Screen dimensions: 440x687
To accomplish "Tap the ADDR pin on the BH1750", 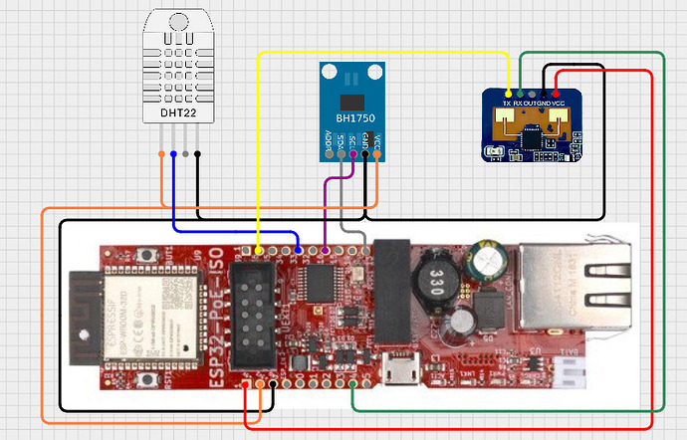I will (330, 153).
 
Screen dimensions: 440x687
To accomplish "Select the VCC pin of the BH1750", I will (377, 153).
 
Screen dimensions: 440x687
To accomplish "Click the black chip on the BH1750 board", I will (350, 102).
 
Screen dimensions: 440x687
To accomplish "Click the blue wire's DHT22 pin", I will (173, 154).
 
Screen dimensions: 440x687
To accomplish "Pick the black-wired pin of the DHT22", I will (197, 154).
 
